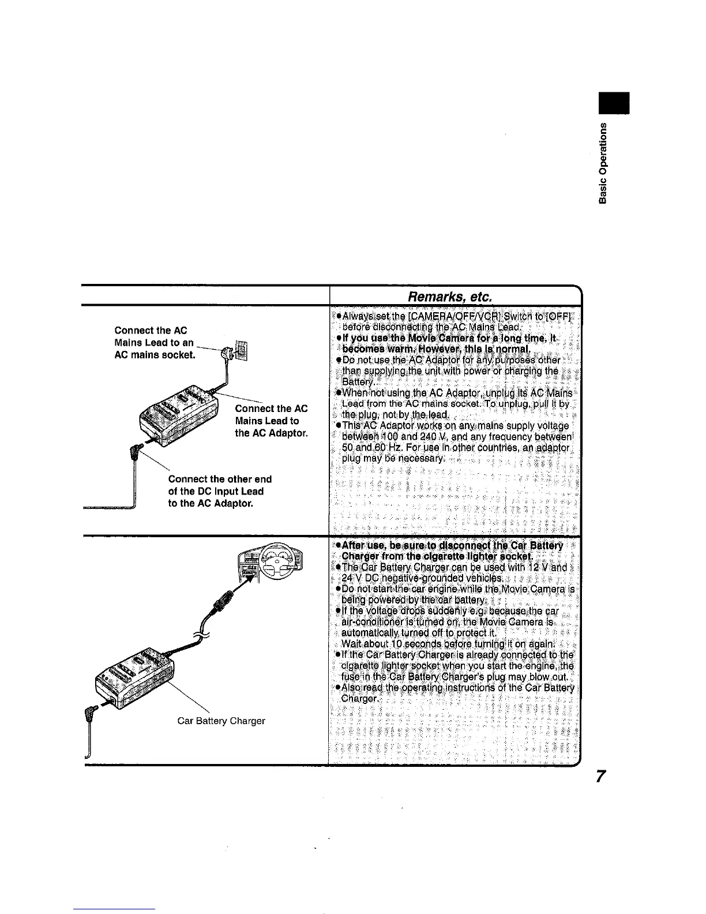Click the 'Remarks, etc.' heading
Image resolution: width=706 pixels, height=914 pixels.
(449, 297)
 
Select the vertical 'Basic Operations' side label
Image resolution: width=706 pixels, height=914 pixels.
(603, 164)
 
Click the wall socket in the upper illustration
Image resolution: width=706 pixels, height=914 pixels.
(241, 351)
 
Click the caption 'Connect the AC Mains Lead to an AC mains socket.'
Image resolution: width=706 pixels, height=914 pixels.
(155, 342)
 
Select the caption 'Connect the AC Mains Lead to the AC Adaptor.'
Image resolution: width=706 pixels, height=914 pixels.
(271, 421)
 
